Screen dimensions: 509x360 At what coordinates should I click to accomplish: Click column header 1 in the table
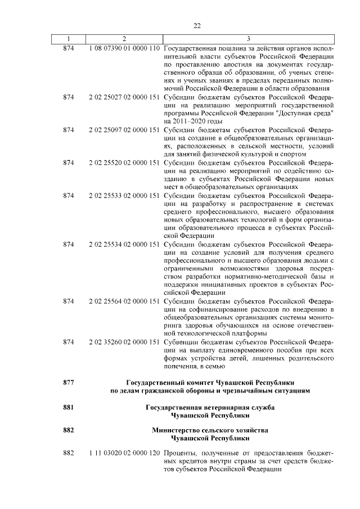point(69,38)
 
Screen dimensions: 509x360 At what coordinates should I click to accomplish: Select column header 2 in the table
point(124,38)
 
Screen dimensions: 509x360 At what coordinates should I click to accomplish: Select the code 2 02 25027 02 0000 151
point(124,97)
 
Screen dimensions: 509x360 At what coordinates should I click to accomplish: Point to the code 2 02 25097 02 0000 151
point(124,130)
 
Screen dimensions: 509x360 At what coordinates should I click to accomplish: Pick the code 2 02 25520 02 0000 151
point(124,163)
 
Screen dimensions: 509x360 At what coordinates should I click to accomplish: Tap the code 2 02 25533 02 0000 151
point(124,195)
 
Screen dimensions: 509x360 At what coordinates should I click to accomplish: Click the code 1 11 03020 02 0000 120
point(124,453)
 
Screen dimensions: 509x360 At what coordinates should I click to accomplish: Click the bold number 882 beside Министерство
point(69,430)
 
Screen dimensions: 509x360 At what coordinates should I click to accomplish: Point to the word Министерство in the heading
point(175,430)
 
